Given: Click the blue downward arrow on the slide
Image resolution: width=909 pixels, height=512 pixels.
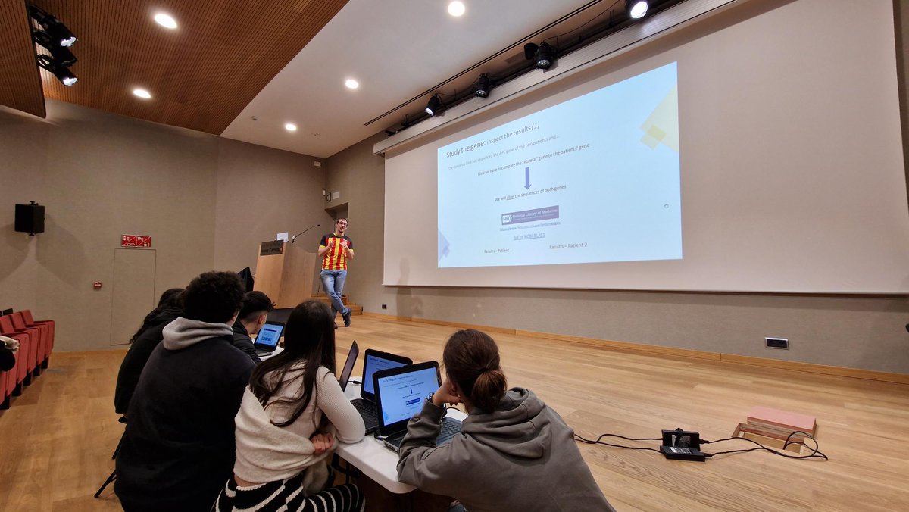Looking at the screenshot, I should pos(527,178).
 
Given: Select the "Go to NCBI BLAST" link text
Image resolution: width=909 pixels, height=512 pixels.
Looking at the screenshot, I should pos(529,236).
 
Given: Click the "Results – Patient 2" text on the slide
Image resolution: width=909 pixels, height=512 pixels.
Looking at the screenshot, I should pos(568,246).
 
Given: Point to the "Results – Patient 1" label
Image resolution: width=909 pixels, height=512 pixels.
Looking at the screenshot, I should pos(498,250).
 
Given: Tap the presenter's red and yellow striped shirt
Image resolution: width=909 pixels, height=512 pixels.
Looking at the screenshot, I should pos(335,252).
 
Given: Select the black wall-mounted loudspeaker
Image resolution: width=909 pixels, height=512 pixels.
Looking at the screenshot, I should pos(30,218).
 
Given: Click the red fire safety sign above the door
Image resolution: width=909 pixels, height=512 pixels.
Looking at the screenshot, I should pos(136,241).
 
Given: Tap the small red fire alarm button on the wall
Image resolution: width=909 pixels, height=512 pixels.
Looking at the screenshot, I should pos(97,285).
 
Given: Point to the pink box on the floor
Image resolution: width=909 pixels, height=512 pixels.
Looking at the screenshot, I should pos(781,421).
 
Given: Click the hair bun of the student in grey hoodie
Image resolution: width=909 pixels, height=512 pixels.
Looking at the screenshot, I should pos(488,390).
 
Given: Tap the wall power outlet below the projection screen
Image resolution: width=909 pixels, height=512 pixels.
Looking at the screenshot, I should pos(776,343).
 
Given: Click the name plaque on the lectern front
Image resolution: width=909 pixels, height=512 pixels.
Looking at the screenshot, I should pos(271,248).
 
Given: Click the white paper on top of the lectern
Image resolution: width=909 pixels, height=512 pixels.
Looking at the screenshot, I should pos(282,236).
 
